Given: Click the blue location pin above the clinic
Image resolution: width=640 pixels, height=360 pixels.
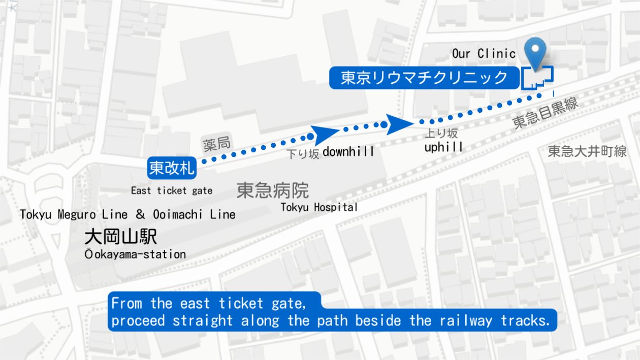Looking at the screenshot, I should click(535, 50).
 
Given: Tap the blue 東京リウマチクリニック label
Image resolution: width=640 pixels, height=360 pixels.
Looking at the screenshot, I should click(424, 78).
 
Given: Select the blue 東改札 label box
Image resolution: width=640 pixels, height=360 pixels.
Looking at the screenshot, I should click(172, 168).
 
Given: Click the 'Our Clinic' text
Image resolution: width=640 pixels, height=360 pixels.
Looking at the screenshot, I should click(484, 54).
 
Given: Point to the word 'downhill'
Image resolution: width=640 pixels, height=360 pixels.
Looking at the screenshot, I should click(348, 151).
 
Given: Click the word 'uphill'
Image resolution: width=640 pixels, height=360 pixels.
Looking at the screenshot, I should click(443, 147).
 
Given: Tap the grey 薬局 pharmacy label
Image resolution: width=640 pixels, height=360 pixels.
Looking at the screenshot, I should click(216, 144).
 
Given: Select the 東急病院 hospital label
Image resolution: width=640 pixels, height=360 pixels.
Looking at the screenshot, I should click(273, 190).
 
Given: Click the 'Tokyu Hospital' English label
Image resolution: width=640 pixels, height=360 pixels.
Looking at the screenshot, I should click(319, 207).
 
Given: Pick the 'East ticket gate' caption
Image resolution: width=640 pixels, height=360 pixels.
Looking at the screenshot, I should click(171, 191).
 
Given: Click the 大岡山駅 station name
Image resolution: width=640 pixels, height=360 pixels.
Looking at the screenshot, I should click(120, 237).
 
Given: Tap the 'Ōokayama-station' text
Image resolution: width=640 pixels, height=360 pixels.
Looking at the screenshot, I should click(135, 254).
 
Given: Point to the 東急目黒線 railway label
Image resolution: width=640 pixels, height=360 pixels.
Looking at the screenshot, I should click(546, 114).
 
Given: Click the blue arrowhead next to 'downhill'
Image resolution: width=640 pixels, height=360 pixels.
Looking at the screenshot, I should click(322, 135).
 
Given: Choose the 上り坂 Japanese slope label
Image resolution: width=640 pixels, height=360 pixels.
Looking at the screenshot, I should click(441, 134).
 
